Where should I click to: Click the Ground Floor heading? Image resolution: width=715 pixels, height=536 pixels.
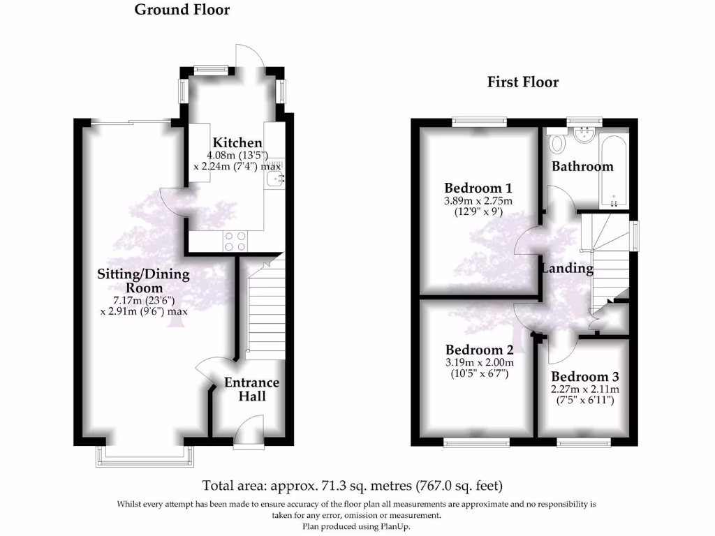[182, 10]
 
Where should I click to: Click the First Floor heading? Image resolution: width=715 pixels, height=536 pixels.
[523, 82]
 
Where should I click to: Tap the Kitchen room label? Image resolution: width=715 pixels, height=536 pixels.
[237, 143]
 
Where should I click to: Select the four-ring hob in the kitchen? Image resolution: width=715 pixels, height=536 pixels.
[236, 241]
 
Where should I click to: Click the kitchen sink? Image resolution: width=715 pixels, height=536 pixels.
[274, 179]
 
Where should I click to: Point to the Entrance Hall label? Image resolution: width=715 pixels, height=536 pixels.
[251, 389]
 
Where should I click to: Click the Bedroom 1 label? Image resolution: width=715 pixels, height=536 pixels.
[478, 188]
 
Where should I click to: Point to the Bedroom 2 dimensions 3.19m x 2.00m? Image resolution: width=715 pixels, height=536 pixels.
[479, 362]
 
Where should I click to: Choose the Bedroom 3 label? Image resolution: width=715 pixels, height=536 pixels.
[585, 377]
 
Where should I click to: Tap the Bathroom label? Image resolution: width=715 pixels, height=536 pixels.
[582, 166]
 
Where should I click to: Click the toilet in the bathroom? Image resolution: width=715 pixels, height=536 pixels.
[557, 144]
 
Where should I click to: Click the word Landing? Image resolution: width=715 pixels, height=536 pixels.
[568, 268]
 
